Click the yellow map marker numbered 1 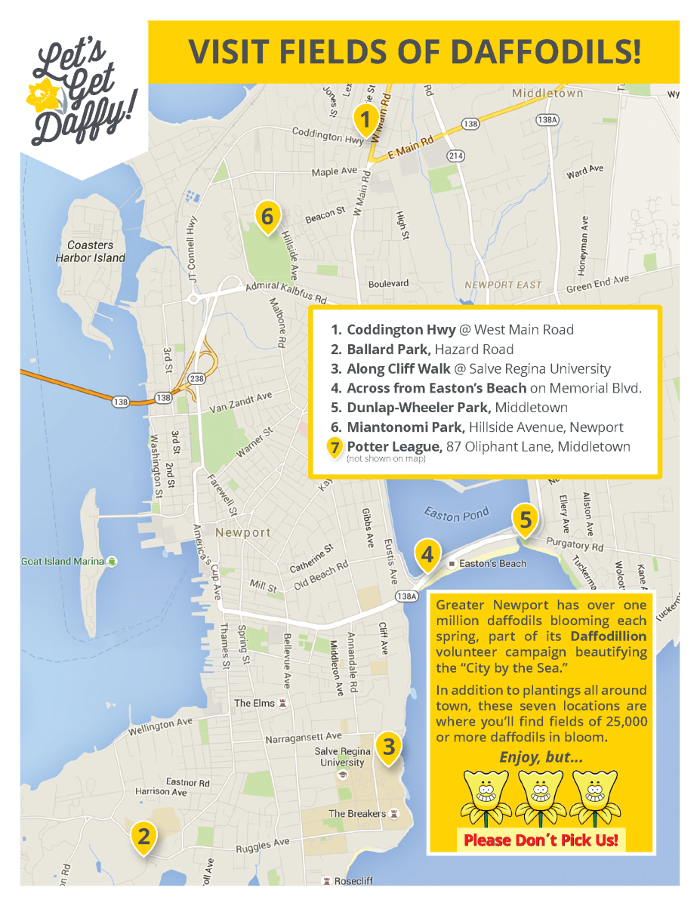pos(365,120)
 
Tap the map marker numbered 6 pos(267,217)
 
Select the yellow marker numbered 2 pos(143,836)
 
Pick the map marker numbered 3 pos(388,747)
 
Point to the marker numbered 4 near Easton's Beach pos(427,555)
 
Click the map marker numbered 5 pos(526,519)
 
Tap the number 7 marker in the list pos(335,447)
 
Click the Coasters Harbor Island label pos(91,251)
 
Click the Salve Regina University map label pos(342,757)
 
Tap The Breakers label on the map pos(357,814)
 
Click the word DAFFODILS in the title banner pos(545,51)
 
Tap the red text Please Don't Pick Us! pos(540,840)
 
